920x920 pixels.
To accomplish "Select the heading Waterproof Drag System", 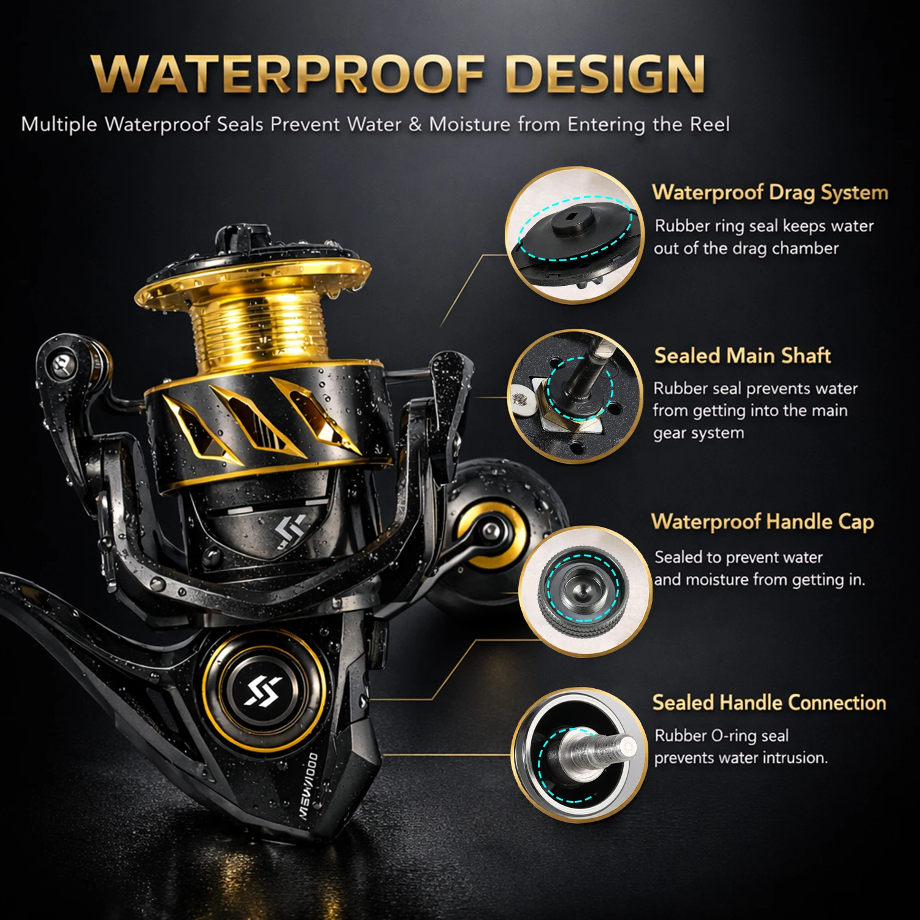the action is point(770,193).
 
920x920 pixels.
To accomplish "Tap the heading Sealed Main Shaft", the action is point(742,356).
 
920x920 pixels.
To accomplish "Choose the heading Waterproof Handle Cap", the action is point(762,522).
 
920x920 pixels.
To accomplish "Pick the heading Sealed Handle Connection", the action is point(769,702).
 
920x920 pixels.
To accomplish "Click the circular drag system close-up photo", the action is point(574,235).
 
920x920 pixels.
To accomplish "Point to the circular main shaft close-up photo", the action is point(575,396).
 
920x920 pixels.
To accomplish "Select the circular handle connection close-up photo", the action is point(579,755).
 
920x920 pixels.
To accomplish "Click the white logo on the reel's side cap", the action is point(264,690).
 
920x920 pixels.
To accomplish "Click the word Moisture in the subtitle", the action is point(469,125).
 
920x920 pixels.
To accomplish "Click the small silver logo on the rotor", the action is point(291,531).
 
